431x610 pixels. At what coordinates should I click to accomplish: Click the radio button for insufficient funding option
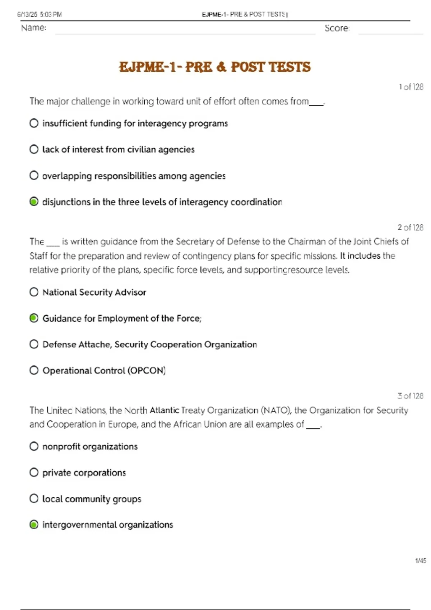[34, 123]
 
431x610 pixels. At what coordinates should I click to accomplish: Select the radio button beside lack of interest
[34, 149]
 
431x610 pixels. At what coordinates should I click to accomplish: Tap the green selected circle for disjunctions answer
[34, 202]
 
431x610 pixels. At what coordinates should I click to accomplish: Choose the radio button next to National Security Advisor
[34, 292]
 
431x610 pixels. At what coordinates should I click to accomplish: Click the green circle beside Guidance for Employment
[34, 318]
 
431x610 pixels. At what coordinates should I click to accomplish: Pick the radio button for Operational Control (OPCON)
[34, 370]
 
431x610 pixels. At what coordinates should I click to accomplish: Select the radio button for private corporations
[34, 473]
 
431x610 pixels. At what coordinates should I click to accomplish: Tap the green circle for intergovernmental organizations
[34, 525]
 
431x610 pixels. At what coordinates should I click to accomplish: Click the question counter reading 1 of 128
[411, 87]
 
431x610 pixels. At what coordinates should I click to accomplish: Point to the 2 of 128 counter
[410, 227]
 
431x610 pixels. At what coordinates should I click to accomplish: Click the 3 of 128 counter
[410, 396]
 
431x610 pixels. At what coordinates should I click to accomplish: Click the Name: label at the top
[34, 28]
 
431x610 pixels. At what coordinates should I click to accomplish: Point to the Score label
[337, 28]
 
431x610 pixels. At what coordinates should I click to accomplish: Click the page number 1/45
[421, 560]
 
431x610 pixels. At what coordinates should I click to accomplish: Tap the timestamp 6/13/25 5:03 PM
[40, 14]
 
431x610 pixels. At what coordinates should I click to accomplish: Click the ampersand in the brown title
[222, 67]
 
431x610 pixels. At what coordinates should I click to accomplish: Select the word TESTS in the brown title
[289, 67]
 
